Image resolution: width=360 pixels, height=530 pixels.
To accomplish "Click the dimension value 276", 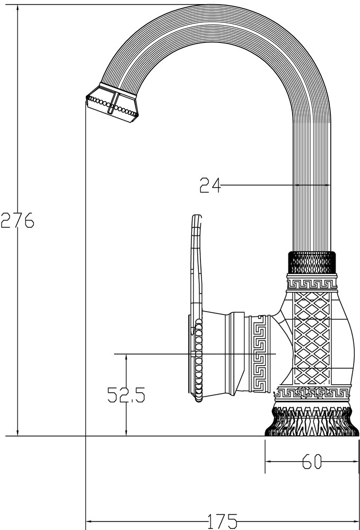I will point(17,219).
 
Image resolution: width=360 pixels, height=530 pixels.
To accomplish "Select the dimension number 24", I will point(209,185).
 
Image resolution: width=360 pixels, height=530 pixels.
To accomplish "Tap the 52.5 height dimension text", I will point(126,395).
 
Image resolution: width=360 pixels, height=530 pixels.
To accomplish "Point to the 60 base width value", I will point(312,462).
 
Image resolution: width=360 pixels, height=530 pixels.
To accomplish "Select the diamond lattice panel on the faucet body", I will point(312,339).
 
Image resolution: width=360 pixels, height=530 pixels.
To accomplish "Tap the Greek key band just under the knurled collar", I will point(312,282).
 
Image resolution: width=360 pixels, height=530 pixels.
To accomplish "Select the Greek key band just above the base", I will point(312,393).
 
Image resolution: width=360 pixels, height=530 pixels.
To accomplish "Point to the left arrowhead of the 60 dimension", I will point(268,462).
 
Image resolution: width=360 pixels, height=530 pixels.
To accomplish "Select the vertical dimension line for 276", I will point(18,318).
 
